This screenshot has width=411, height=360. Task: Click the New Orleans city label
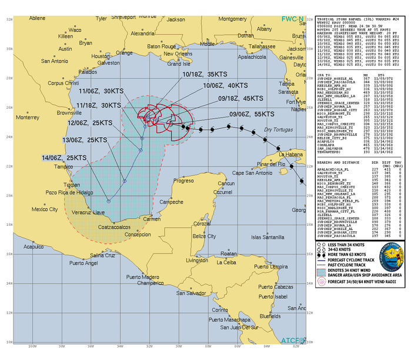click(x=192, y=52)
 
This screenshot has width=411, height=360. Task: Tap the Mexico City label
click(x=45, y=209)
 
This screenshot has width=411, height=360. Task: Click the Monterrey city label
click(x=28, y=117)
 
